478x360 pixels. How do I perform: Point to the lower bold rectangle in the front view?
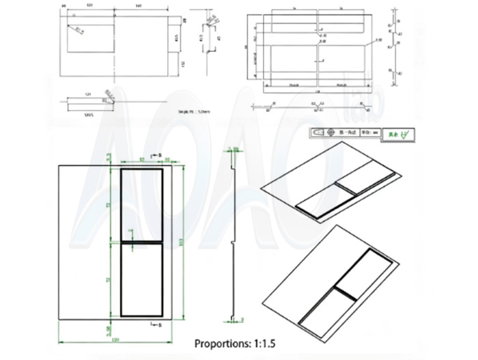coord(142,280)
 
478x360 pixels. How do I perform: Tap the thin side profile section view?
coord(234,239)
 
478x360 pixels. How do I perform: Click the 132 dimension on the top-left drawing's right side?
coord(184,64)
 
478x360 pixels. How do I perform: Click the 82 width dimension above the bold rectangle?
coord(141,160)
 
